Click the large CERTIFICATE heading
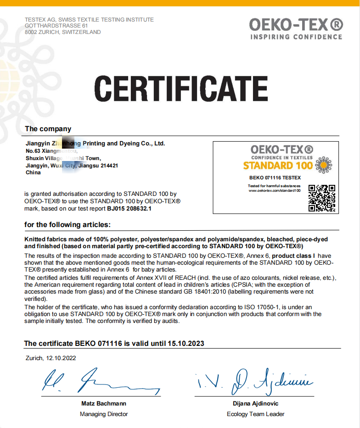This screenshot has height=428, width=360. click(181, 89)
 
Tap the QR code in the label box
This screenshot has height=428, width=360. click(321, 198)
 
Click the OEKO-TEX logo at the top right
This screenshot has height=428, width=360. click(296, 28)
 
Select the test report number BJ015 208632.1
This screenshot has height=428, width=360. click(129, 208)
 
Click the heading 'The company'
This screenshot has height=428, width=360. click(48, 129)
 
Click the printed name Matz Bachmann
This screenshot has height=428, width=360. click(103, 404)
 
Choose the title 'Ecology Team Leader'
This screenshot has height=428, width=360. click(255, 414)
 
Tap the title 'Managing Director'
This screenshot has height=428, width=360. click(104, 414)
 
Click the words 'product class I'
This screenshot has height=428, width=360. click(294, 256)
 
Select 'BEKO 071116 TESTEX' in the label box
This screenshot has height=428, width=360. click(275, 178)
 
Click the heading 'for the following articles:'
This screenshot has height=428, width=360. click(67, 225)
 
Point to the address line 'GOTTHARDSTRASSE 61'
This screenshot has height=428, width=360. click(56, 26)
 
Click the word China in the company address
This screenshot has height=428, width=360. click(33, 172)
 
